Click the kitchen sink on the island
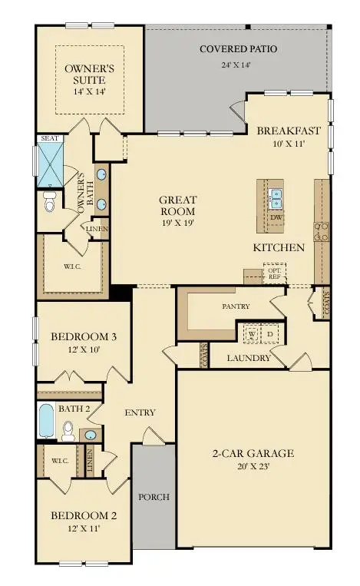[276, 199]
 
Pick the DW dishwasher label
[276, 218]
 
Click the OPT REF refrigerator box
[272, 274]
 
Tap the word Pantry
[236, 306]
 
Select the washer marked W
[252, 335]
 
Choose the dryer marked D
[269, 335]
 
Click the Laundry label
[249, 358]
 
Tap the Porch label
[154, 497]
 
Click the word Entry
[140, 412]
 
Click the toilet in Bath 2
[67, 432]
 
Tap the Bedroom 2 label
[73, 521]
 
